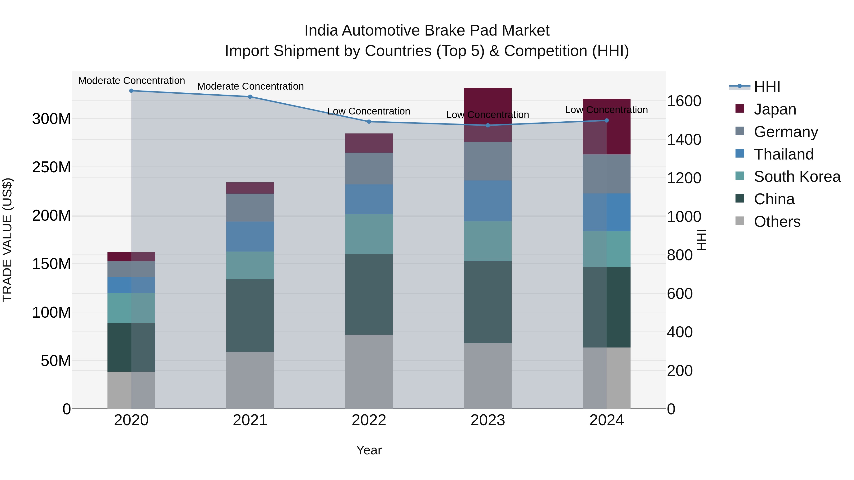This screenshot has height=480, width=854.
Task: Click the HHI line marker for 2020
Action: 131,91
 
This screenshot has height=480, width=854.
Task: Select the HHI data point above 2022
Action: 369,122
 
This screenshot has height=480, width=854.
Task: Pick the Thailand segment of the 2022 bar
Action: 369,199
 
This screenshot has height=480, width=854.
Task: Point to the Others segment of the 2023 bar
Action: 488,376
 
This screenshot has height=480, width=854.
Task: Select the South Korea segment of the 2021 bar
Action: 250,265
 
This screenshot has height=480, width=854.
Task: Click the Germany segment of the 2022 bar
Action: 369,168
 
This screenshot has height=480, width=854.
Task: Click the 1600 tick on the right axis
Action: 684,101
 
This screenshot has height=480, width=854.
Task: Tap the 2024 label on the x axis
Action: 606,420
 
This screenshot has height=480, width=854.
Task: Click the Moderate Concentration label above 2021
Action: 250,86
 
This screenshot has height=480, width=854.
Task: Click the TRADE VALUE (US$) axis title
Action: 7,240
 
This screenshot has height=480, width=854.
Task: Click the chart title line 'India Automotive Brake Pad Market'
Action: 427,31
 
